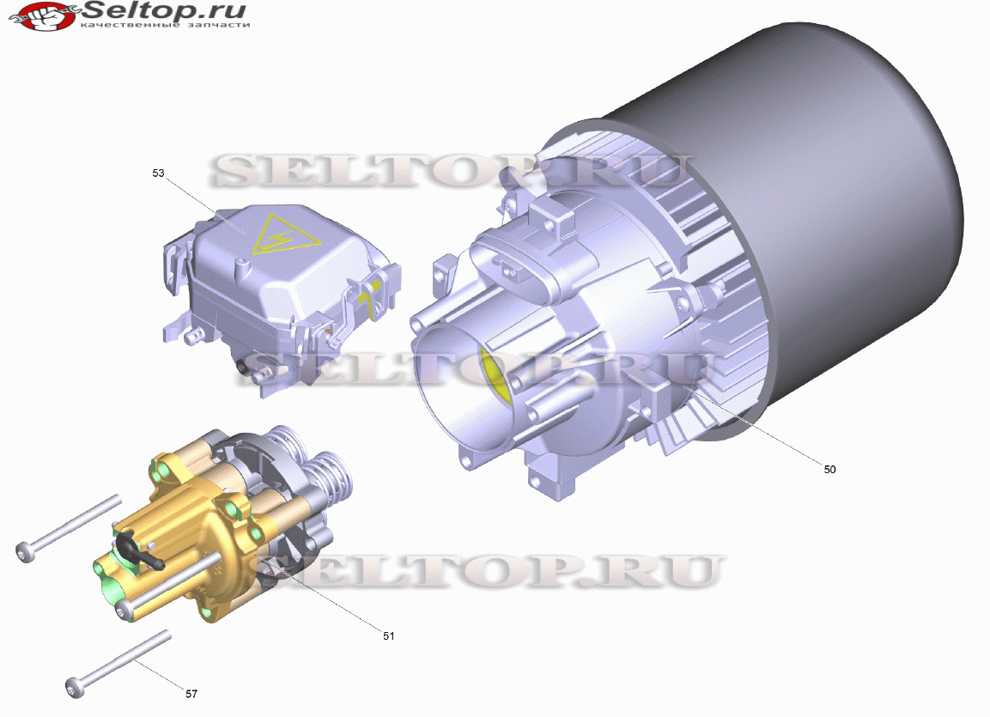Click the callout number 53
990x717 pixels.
(x=158, y=173)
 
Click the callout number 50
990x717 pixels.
(x=829, y=469)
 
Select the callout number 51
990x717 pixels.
(x=388, y=636)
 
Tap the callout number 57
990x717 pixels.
(x=191, y=694)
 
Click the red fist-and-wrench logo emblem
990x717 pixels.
(x=42, y=16)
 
